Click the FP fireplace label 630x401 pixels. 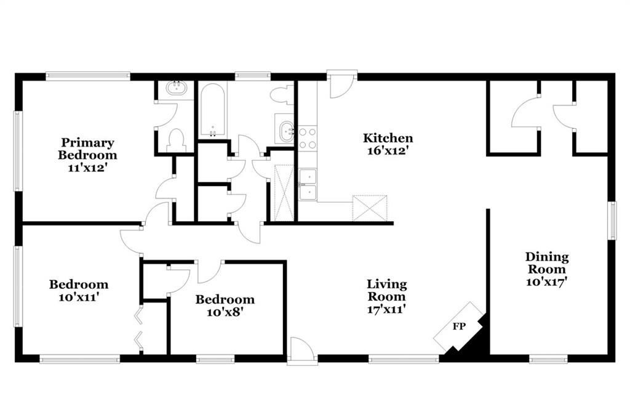coord(459,326)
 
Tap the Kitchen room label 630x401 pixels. coord(388,138)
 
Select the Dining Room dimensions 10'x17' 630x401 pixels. coord(546,282)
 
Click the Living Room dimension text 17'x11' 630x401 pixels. coord(386,309)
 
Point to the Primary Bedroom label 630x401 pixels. coord(87,149)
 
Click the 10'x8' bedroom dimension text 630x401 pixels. coord(225,312)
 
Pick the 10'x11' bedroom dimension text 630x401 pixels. coord(79,298)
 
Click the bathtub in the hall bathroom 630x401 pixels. coord(212,110)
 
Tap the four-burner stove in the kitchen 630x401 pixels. coord(308,138)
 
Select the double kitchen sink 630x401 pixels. coord(308,185)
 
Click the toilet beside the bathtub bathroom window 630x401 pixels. coord(283,95)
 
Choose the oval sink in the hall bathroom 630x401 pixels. coord(287,130)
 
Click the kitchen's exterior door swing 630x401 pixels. coord(341,84)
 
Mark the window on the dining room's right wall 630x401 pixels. coord(612,221)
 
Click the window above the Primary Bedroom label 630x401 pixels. coord(88,76)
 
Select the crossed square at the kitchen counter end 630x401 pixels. coord(370,208)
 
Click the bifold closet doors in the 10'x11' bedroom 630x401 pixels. coord(139,327)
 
